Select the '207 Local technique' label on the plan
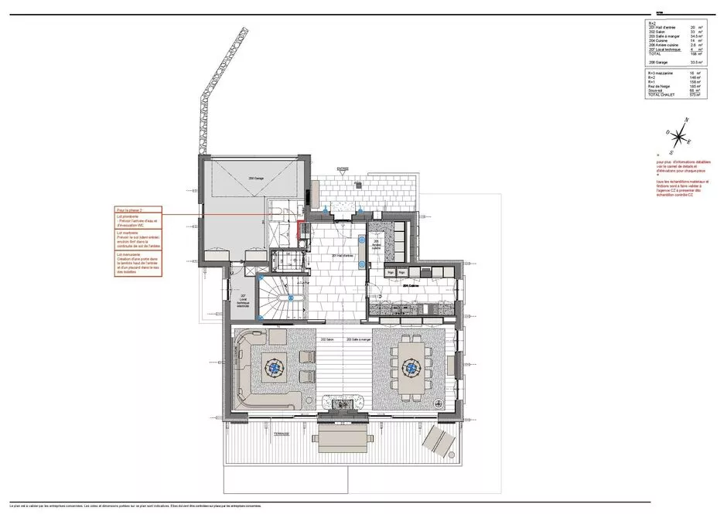pyautogui.click(x=242, y=301)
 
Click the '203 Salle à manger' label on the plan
pyautogui.click(x=360, y=339)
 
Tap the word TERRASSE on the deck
pyautogui.click(x=280, y=434)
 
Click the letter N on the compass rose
pyautogui.click(x=684, y=120)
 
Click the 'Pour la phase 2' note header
pyautogui.click(x=129, y=209)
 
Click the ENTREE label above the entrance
pyautogui.click(x=343, y=168)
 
